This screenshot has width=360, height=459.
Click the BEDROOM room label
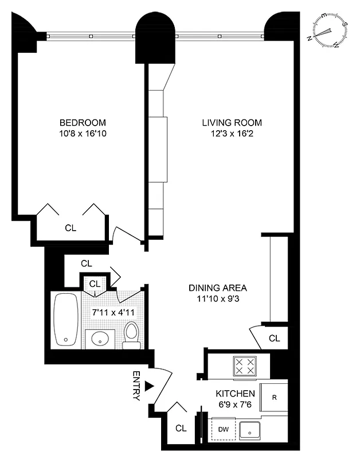(83, 123)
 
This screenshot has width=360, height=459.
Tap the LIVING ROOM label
(232, 123)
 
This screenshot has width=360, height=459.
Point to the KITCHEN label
(235, 394)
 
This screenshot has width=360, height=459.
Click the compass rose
(328, 32)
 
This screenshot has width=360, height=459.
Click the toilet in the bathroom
(132, 334)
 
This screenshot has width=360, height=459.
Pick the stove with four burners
(245, 367)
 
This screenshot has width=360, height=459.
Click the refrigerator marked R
(275, 396)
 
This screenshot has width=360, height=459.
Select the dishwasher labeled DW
(224, 429)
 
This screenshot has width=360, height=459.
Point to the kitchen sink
(250, 429)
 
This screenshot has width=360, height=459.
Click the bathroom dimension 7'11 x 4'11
(112, 313)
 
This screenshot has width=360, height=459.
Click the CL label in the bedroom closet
(71, 228)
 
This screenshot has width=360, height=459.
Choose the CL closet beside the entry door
(181, 429)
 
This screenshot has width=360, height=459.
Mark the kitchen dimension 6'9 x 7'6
(235, 405)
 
